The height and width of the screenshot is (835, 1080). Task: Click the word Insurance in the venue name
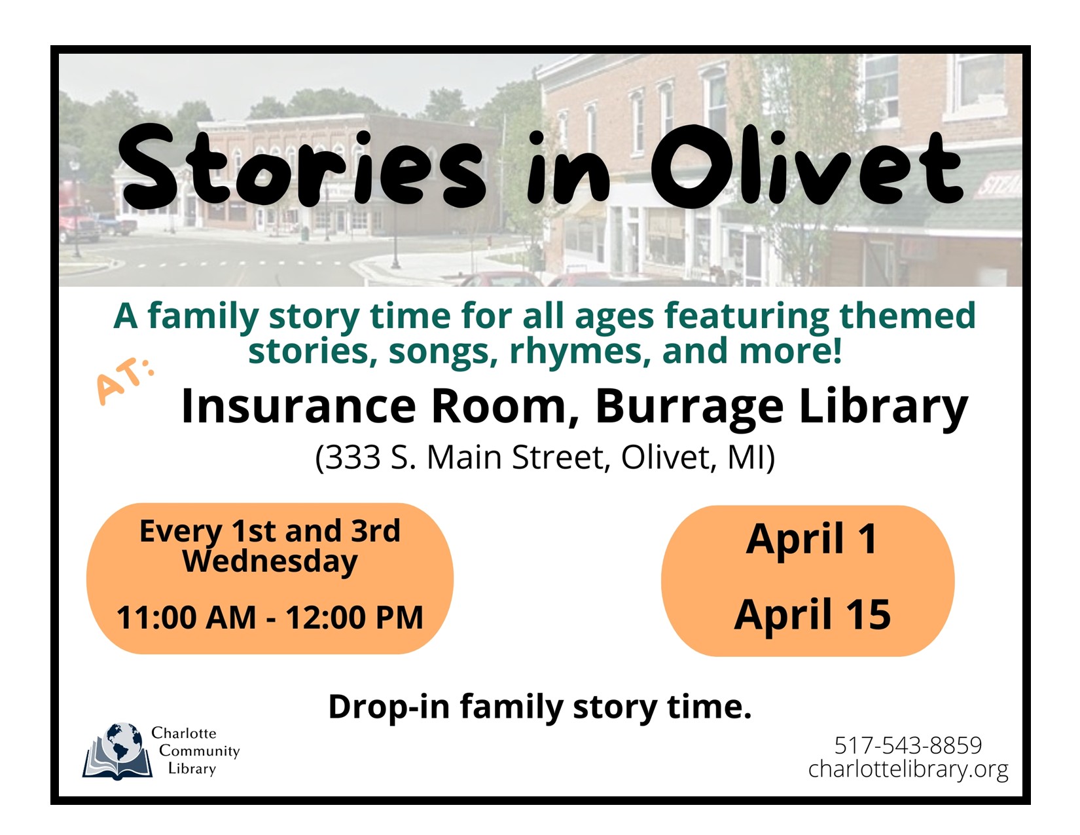[x=298, y=406]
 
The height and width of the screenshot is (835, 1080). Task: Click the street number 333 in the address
[x=353, y=457]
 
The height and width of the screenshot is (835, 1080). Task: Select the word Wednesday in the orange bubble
[x=270, y=562]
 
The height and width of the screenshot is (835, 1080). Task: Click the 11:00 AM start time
[x=187, y=617]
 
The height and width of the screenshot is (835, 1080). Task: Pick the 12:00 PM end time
[x=354, y=617]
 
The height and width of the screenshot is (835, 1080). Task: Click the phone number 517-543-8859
[x=908, y=745]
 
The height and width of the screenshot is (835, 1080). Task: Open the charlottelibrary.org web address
[x=908, y=769]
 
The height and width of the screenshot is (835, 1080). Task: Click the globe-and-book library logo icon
[x=117, y=751]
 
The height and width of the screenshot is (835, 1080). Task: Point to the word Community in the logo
[x=199, y=751]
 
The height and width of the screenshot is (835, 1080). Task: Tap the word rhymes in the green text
[x=580, y=352]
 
